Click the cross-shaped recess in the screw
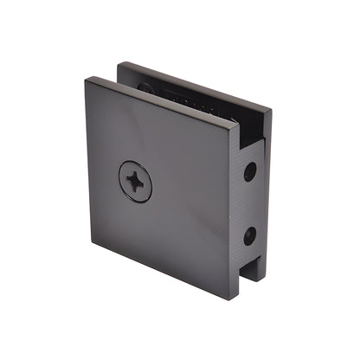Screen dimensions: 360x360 point(135,182)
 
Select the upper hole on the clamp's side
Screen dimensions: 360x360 point(250,171)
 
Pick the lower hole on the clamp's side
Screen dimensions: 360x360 point(249,235)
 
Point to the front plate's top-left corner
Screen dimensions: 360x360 point(87,80)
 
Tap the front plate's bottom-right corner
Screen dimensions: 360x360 point(227,299)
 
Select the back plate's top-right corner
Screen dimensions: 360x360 point(271,111)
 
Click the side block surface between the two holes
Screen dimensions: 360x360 point(250,203)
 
